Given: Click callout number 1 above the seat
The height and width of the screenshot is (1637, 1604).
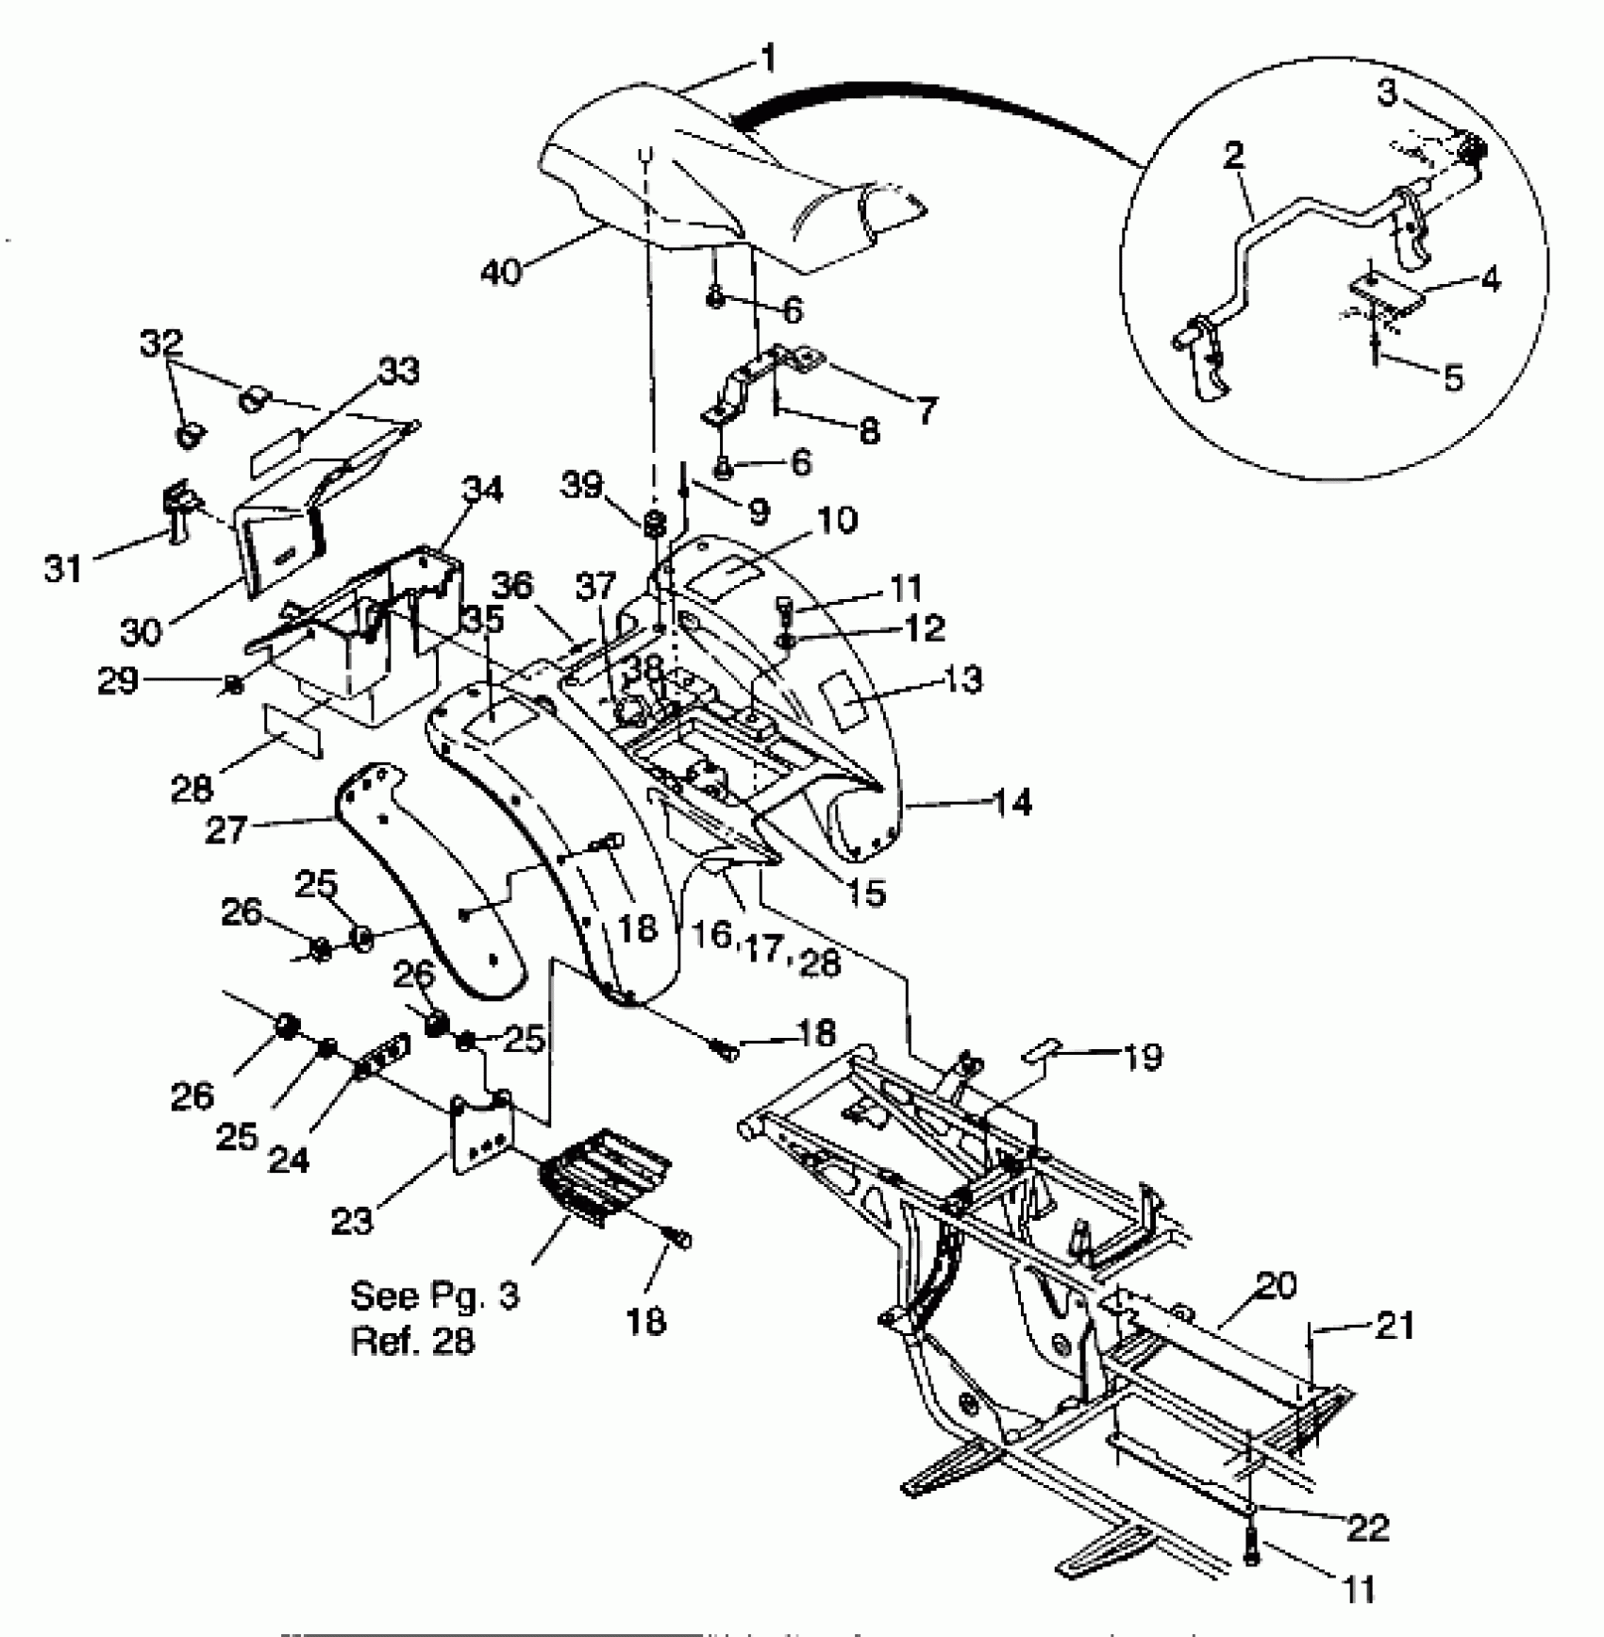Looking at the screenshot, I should (768, 59).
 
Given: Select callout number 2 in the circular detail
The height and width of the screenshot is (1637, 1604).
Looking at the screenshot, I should (1233, 157).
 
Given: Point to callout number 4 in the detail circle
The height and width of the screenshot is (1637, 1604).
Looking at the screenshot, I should (1491, 279).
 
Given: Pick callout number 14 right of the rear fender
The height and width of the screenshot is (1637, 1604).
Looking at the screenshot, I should (1011, 803).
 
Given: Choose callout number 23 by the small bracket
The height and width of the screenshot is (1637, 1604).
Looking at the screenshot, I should (353, 1221).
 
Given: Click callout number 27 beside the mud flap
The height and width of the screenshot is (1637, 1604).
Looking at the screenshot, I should (226, 830).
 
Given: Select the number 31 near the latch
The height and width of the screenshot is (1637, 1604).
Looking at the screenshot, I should (63, 568).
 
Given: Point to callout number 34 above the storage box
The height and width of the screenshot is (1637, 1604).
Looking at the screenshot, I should (483, 490).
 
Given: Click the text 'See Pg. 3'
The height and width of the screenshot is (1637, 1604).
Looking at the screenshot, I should (435, 1295).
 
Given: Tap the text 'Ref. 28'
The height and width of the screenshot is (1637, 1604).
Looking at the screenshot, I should (413, 1341).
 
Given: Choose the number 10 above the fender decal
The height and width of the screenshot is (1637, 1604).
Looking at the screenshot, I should (838, 520).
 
